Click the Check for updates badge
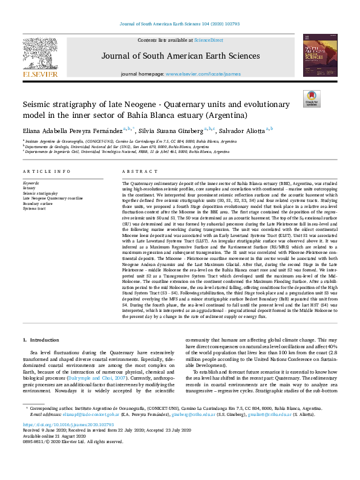pyautogui.click(x=312, y=99)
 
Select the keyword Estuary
pyautogui.click(x=29, y=188)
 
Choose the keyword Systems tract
pyautogui.click(x=35, y=207)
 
